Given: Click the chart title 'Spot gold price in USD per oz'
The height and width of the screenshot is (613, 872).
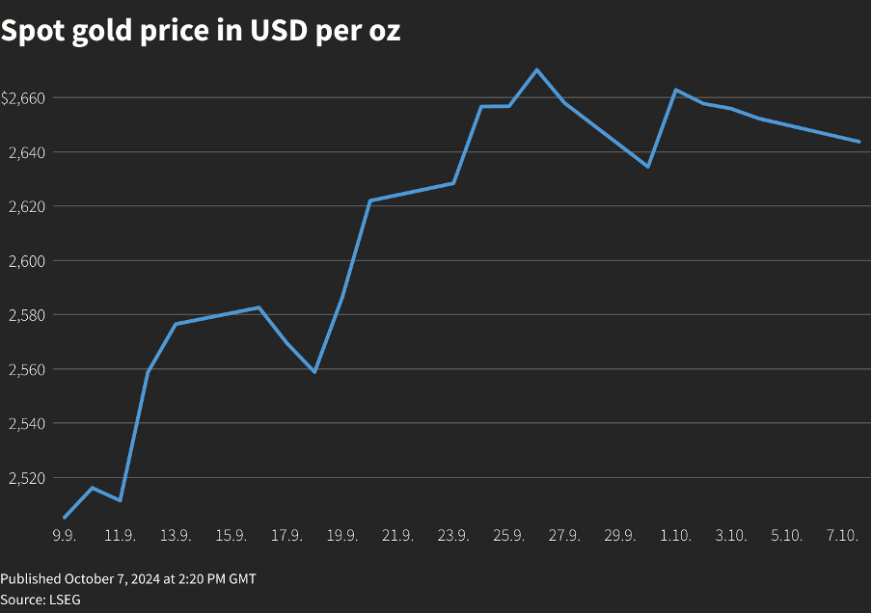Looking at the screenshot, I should [x=201, y=31].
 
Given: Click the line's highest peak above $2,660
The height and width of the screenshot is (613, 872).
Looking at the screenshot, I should [x=537, y=69].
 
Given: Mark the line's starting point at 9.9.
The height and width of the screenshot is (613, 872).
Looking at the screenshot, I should [x=65, y=518].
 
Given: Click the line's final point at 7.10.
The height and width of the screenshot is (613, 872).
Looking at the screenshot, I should [x=858, y=142].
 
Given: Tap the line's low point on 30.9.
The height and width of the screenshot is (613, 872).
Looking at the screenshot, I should [x=648, y=167].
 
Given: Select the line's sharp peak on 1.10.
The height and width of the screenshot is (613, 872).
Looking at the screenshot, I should [x=676, y=90].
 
